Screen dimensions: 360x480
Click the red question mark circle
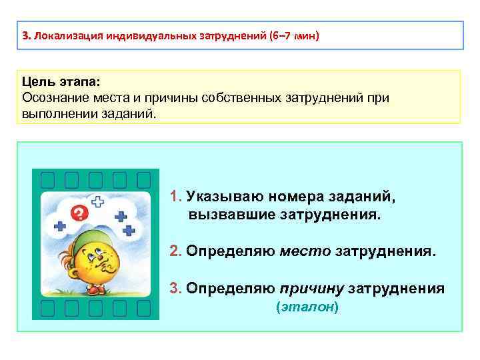tap(79, 213)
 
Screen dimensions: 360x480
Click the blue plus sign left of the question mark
tap(61, 226)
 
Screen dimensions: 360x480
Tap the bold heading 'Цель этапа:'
tap(61, 81)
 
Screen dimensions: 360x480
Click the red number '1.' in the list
tap(176, 197)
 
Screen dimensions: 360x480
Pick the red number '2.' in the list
tap(176, 251)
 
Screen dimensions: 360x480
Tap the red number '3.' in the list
tap(176, 288)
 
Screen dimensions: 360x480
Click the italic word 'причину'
tap(312, 288)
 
